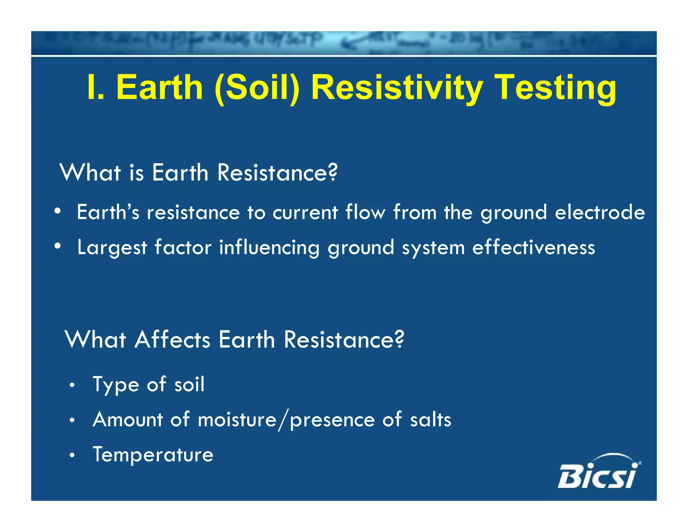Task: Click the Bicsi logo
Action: pyautogui.click(x=599, y=472)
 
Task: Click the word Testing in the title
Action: pyautogui.click(x=556, y=88)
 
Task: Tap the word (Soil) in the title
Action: pyautogui.click(x=257, y=88)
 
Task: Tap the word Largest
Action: pyautogui.click(x=112, y=248)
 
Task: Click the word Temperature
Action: pyautogui.click(x=153, y=455)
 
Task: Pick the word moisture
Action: pyautogui.click(x=237, y=420)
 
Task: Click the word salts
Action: pyautogui.click(x=430, y=420)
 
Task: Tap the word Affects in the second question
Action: pyautogui.click(x=172, y=339)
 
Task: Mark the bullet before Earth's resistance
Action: pyautogui.click(x=58, y=212)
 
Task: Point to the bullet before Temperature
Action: pyautogui.click(x=72, y=456)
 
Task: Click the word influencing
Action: pyautogui.click(x=269, y=248)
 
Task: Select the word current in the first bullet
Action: pyautogui.click(x=305, y=213)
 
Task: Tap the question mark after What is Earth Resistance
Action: pyautogui.click(x=332, y=172)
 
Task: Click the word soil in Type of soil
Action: pyautogui.click(x=189, y=384)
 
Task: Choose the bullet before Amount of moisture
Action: pyautogui.click(x=72, y=420)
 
